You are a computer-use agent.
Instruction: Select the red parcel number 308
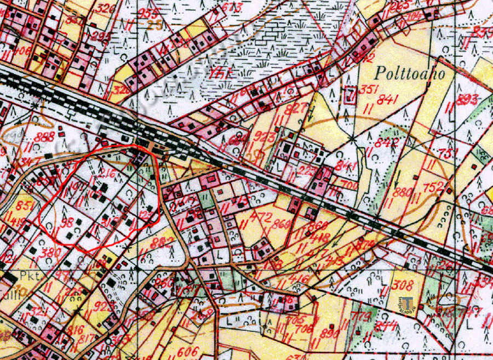(x=403, y=285)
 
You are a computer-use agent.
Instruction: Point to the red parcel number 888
(x=44, y=138)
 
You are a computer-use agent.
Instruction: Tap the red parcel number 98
(x=67, y=221)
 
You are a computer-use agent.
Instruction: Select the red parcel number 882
(x=163, y=242)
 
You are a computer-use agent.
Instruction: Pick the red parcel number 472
(x=260, y=216)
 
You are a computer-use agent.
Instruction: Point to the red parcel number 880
(x=403, y=192)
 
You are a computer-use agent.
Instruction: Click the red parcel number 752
(x=432, y=187)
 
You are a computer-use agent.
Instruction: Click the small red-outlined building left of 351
(x=349, y=95)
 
